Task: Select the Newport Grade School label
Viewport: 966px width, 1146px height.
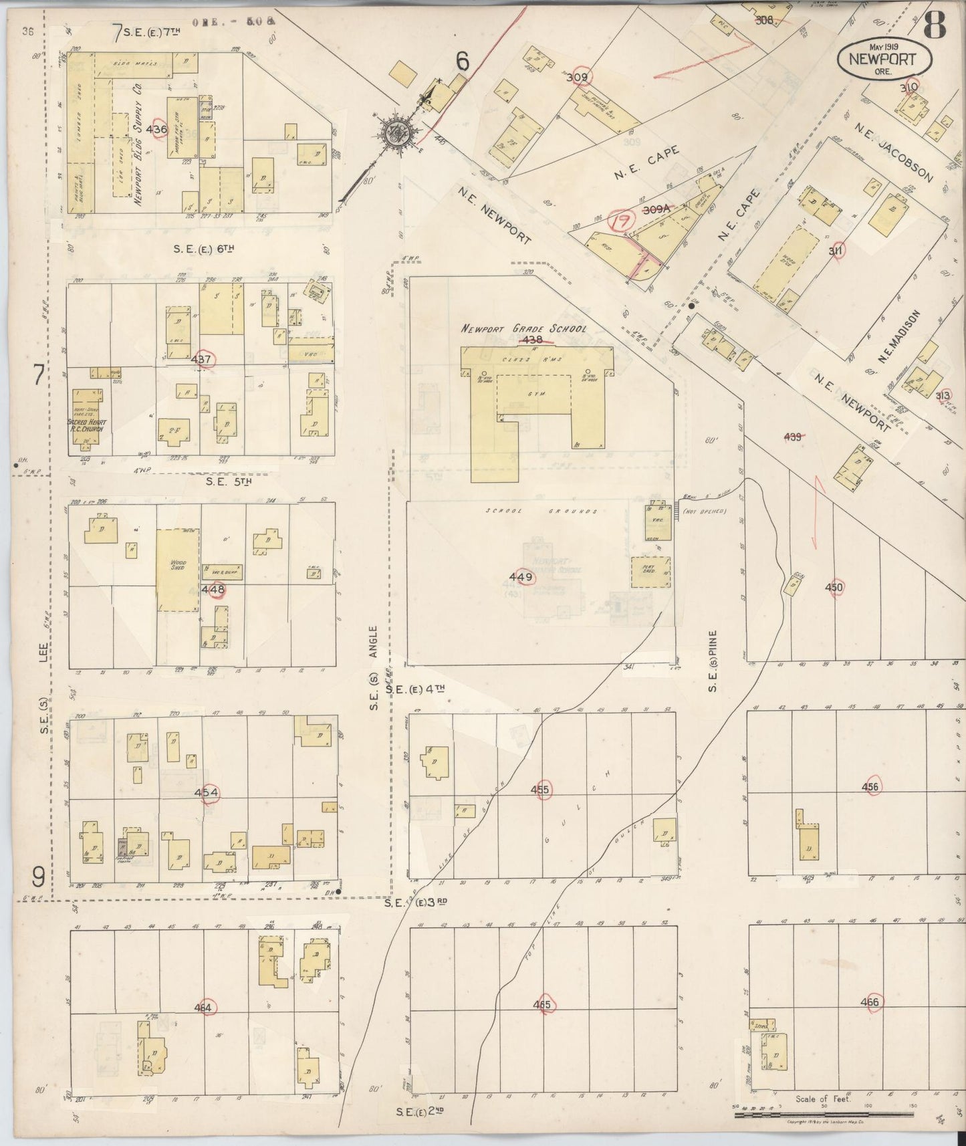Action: tap(523, 329)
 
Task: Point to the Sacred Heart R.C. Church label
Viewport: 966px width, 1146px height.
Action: tap(88, 425)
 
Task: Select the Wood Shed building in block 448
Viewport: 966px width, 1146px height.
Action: tap(178, 570)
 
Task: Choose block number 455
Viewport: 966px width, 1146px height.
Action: tap(539, 790)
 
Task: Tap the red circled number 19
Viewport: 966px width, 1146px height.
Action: tap(621, 221)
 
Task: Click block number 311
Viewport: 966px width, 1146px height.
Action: tap(835, 251)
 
